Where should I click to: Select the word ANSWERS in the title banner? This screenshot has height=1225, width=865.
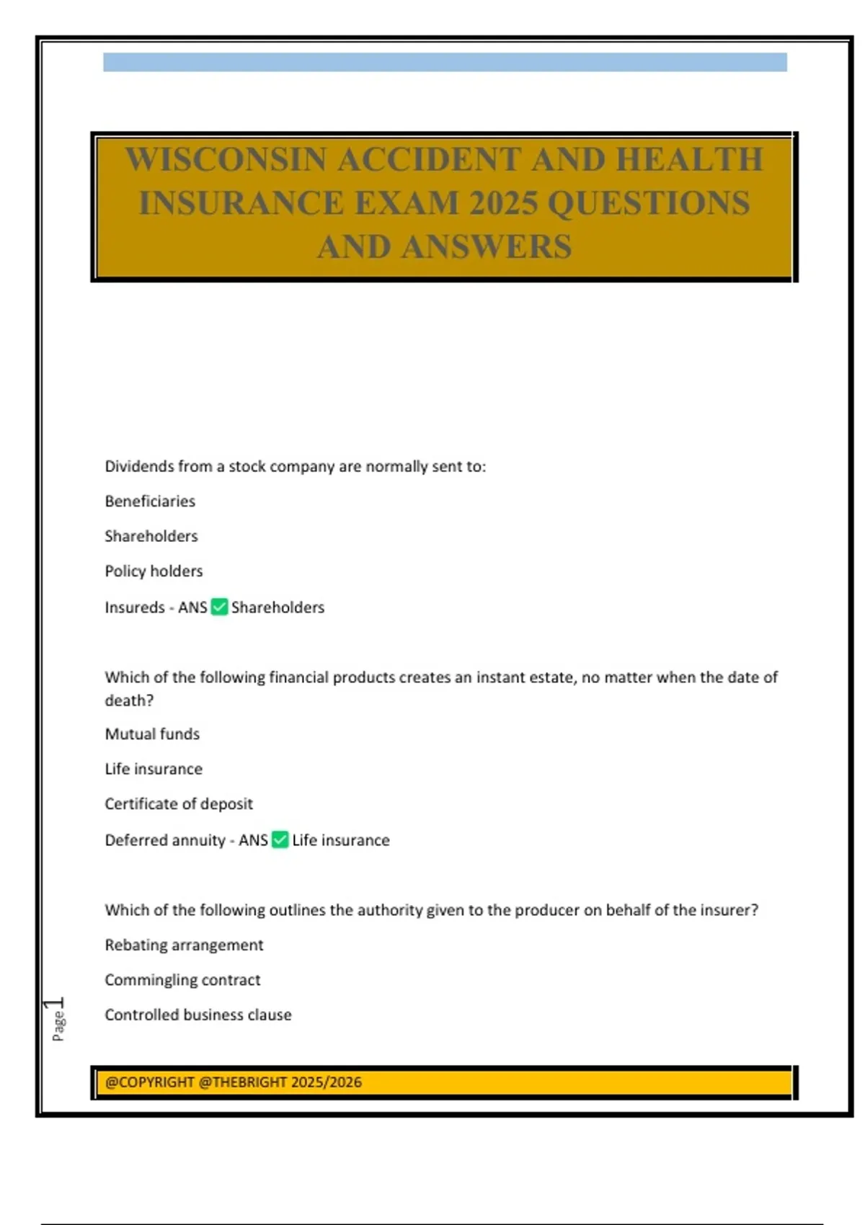[x=487, y=247]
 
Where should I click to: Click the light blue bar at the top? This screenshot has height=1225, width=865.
[x=445, y=62]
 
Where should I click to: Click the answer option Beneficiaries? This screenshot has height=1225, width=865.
[x=150, y=501]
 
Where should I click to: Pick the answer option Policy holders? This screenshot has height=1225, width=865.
[x=154, y=571]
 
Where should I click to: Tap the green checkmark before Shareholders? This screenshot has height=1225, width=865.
[x=219, y=607]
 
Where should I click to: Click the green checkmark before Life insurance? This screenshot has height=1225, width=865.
[x=280, y=839]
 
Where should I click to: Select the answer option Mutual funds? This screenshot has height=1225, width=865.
[x=152, y=734]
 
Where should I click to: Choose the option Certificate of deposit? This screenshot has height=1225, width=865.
[x=179, y=803]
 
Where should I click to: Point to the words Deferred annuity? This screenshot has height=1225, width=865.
[x=165, y=840]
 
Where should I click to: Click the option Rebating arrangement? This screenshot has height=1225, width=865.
[x=184, y=945]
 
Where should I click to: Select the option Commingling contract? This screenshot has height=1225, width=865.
[x=182, y=979]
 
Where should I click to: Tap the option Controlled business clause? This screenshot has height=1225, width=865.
[x=198, y=1015]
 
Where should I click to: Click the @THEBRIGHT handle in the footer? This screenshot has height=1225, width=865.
[x=242, y=1082]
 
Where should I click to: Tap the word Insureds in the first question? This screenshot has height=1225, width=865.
[x=135, y=607]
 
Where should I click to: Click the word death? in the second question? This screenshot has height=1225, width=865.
[x=129, y=700]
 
